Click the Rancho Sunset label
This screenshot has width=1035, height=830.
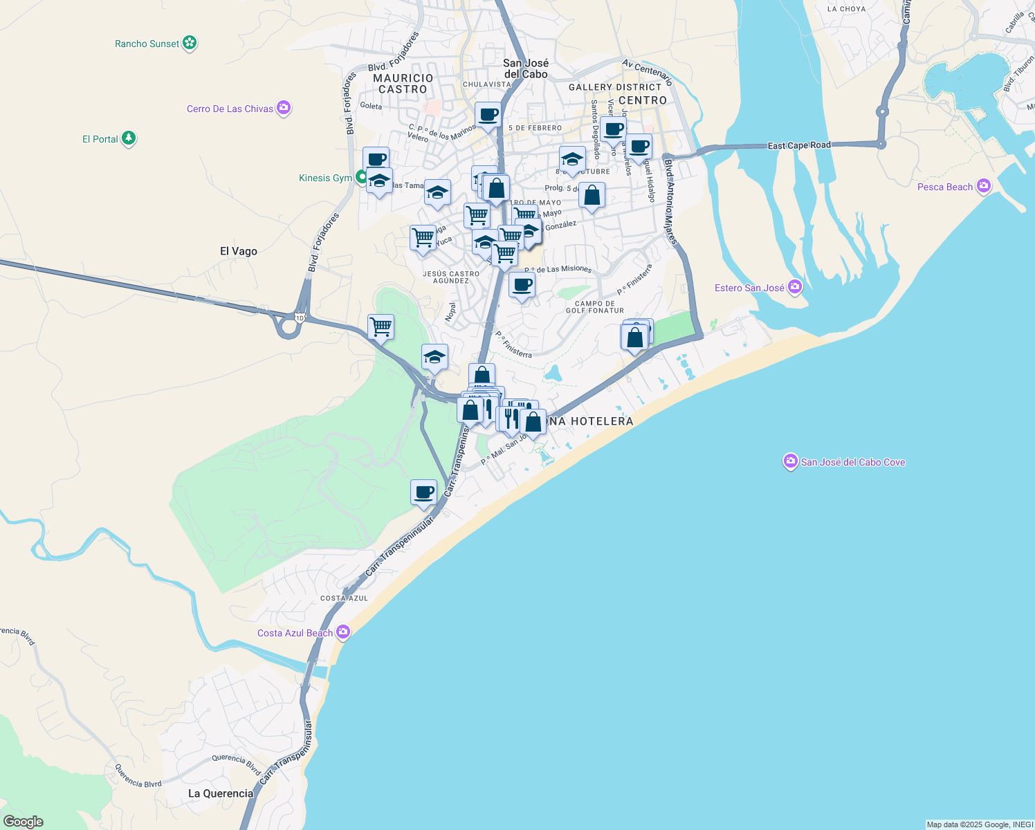click(x=147, y=44)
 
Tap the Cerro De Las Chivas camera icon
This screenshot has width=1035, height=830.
click(x=283, y=108)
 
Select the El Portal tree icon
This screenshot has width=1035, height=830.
click(x=129, y=138)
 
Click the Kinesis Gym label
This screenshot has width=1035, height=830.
click(x=325, y=178)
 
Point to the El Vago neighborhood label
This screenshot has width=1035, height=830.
click(x=239, y=251)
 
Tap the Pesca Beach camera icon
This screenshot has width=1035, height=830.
click(x=983, y=186)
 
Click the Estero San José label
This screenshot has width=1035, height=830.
click(x=749, y=288)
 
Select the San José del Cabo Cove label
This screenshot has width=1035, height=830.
click(x=853, y=462)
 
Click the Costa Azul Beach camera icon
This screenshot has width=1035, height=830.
click(x=342, y=632)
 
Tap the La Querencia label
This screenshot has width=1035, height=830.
click(x=221, y=793)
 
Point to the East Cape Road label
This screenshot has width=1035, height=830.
click(x=799, y=146)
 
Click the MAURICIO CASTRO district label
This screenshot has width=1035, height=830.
click(x=403, y=84)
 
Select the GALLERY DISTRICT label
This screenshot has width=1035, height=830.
click(x=615, y=87)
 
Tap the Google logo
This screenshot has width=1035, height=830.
click(x=24, y=822)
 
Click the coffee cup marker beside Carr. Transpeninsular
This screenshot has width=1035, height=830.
click(x=423, y=492)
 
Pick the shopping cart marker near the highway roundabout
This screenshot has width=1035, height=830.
click(x=381, y=326)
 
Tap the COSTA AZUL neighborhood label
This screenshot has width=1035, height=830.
click(x=345, y=598)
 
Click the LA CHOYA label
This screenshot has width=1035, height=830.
click(x=846, y=9)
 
